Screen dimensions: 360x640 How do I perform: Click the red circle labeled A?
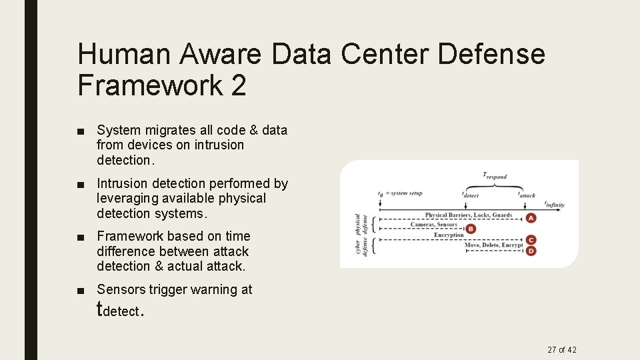click(531, 218)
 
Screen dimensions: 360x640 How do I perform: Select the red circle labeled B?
click(471, 229)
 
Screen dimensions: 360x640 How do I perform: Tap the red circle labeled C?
click(531, 240)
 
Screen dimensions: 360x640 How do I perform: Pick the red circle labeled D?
click(531, 251)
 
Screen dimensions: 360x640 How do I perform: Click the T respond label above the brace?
click(495, 176)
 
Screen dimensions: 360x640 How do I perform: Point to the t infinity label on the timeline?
click(554, 204)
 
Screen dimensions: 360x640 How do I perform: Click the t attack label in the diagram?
click(526, 195)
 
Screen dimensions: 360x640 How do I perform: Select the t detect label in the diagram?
click(471, 195)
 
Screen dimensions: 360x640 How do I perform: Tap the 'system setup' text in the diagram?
click(405, 194)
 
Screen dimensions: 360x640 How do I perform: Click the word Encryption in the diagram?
click(448, 235)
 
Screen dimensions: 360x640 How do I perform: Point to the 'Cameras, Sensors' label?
click(434, 225)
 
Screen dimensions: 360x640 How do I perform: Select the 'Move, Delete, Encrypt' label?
click(493, 245)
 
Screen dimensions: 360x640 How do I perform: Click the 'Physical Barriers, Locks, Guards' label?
click(468, 215)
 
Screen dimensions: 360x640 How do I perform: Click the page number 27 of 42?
click(562, 350)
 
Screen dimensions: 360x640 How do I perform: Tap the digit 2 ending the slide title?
click(238, 85)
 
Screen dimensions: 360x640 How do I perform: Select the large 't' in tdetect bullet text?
click(101, 309)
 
